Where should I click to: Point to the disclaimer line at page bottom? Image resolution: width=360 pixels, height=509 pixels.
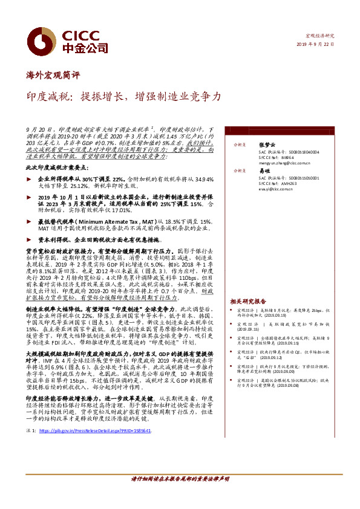pyautogui.click(x=180, y=479)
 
